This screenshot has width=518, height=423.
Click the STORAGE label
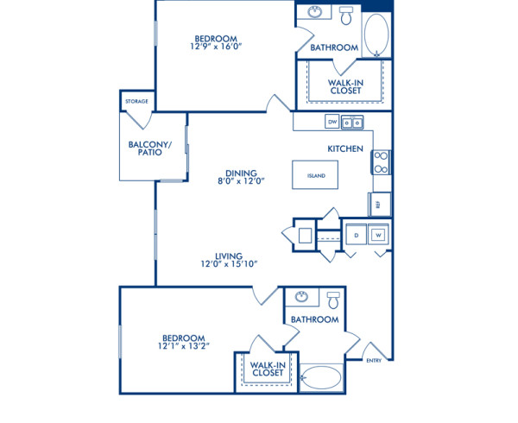(136, 102)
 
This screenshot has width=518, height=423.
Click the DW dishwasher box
(332, 123)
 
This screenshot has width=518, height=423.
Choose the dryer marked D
(355, 234)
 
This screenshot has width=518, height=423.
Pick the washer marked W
(378, 234)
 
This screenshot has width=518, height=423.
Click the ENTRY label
(374, 361)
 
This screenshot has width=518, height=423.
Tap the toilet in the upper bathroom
(346, 16)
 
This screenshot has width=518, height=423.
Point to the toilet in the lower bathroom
(333, 299)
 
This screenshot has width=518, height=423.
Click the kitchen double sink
(352, 123)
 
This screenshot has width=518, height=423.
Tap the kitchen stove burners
(381, 161)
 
